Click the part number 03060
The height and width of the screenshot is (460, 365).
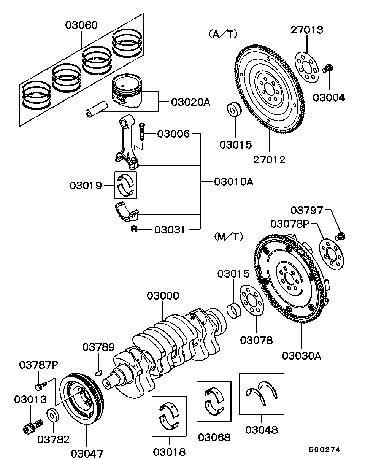click(81, 25)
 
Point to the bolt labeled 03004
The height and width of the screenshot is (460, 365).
click(328, 69)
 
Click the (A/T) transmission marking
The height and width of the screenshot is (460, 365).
click(223, 34)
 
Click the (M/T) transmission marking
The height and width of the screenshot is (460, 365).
click(229, 237)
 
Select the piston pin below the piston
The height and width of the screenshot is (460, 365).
click(96, 109)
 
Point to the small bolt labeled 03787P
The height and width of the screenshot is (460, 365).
click(41, 386)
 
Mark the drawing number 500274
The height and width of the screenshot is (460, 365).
click(324, 449)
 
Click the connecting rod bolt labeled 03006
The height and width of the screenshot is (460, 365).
click(142, 130)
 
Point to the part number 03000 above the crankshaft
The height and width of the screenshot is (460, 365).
click(163, 296)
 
